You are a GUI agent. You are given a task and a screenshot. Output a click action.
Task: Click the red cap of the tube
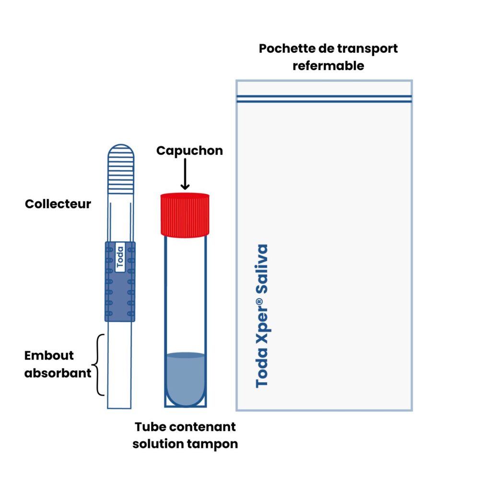(185, 214)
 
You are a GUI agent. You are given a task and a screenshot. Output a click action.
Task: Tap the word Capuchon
(189, 151)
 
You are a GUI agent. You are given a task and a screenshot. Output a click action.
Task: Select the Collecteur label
(58, 204)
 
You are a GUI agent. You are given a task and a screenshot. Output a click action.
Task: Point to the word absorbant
(58, 373)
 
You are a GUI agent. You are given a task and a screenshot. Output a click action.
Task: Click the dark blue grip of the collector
(120, 297)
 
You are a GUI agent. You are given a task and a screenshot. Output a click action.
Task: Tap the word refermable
(328, 66)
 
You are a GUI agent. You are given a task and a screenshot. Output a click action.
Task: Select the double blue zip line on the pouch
(324, 99)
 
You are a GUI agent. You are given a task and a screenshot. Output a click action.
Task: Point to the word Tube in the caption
(150, 427)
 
